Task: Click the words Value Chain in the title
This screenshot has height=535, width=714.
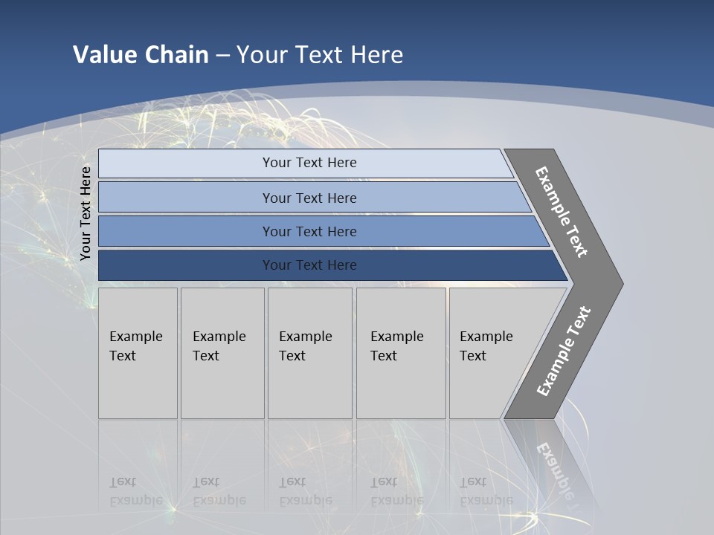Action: tap(141, 55)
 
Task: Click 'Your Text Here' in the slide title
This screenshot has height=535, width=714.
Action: tap(320, 55)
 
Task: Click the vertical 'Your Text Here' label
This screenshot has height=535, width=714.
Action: tap(86, 213)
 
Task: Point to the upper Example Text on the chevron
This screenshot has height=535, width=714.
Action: tap(562, 212)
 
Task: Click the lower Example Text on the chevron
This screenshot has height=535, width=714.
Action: tap(564, 351)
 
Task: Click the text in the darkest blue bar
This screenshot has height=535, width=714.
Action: tap(309, 265)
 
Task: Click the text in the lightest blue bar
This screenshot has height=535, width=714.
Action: tap(309, 163)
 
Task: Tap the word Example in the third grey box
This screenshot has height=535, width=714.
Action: tap(305, 337)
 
